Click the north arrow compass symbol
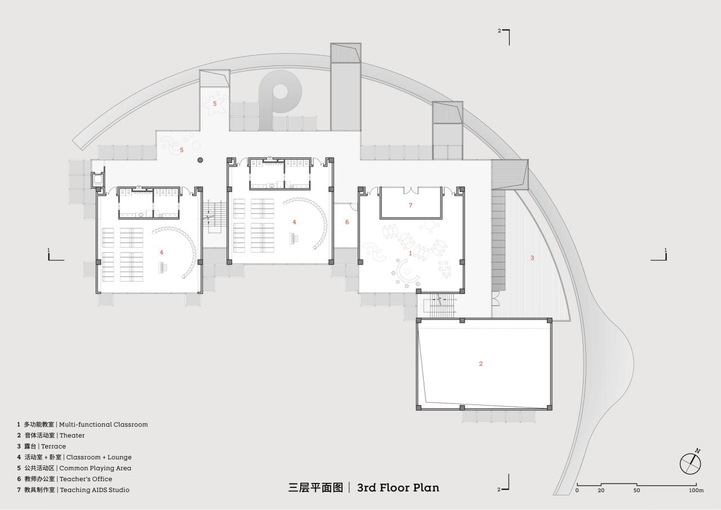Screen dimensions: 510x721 click(x=690, y=463)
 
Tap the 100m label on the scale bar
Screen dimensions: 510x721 click(x=696, y=490)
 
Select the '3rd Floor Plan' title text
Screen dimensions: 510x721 click(x=398, y=487)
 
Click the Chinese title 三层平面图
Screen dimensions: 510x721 click(x=315, y=487)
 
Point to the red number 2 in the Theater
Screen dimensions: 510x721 click(x=480, y=364)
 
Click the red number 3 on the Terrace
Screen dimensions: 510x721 click(x=532, y=258)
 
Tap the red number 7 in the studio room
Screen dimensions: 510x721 click(x=410, y=205)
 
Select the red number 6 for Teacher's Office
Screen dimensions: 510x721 click(x=347, y=222)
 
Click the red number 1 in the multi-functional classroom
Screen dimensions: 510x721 click(x=410, y=253)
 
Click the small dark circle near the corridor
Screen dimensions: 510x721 click(x=200, y=160)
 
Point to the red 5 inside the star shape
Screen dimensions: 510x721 click(x=215, y=104)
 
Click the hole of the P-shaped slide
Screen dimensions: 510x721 click(x=280, y=91)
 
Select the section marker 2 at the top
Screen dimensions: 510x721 click(x=500, y=31)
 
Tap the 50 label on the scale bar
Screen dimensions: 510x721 click(x=637, y=490)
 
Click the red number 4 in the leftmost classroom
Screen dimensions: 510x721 click(x=162, y=252)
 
